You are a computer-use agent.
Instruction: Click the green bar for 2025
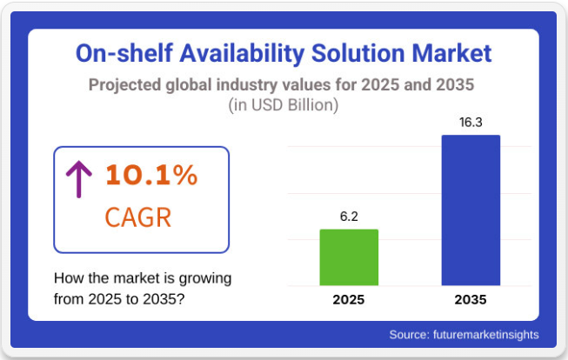pyautogui.click(x=349, y=257)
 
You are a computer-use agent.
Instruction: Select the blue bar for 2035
pyautogui.click(x=471, y=210)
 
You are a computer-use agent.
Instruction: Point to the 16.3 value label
pyautogui.click(x=471, y=122)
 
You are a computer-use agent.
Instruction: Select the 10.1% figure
pyautogui.click(x=151, y=175)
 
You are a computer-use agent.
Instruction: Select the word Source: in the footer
pyautogui.click(x=409, y=334)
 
